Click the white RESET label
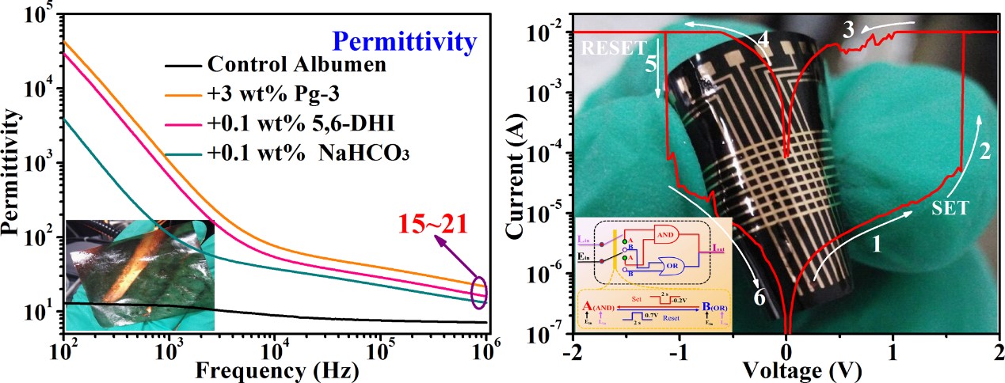pos(615,48)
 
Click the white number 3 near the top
pos(847,31)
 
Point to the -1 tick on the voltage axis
pos(677,348)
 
